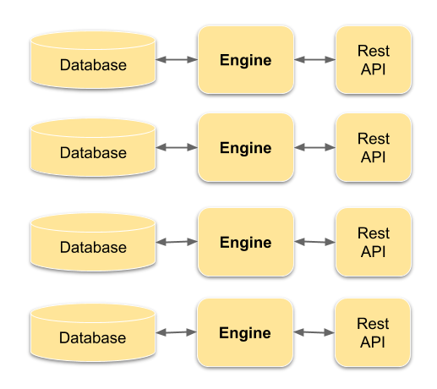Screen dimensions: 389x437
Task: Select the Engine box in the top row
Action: click(x=246, y=59)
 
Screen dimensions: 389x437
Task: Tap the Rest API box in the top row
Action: click(x=374, y=59)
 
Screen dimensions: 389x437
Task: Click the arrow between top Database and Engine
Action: click(x=177, y=59)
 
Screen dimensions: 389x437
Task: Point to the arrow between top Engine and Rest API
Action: click(x=314, y=59)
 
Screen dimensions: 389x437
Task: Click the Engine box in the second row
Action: click(x=246, y=148)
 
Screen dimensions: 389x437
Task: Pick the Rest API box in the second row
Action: click(x=374, y=148)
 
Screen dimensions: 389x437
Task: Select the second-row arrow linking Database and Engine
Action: click(x=177, y=148)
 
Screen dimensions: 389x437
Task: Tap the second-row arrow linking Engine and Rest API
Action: click(x=314, y=148)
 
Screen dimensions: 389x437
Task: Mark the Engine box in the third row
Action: click(x=246, y=243)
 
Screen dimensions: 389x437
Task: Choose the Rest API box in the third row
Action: click(x=374, y=242)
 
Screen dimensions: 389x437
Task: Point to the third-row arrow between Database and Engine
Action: click(x=177, y=243)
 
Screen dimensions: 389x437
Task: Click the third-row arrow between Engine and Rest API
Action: click(x=314, y=242)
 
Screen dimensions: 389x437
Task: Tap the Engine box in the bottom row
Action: click(x=246, y=332)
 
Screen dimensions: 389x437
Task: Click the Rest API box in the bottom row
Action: click(x=374, y=332)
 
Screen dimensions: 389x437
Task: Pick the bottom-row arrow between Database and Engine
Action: click(x=177, y=332)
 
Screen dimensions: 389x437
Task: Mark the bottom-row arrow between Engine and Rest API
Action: click(x=314, y=332)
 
